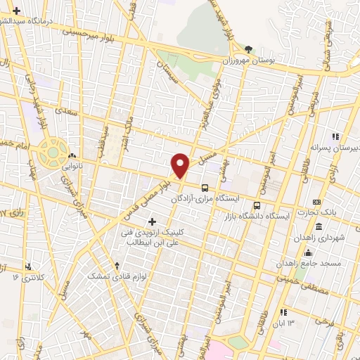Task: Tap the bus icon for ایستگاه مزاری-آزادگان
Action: point(205,188)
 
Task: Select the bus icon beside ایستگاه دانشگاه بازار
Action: point(257,206)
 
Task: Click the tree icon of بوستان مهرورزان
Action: point(249,49)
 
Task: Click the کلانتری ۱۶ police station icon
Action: point(28,266)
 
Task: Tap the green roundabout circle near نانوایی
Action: point(53,150)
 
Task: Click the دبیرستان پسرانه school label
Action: point(333,149)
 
